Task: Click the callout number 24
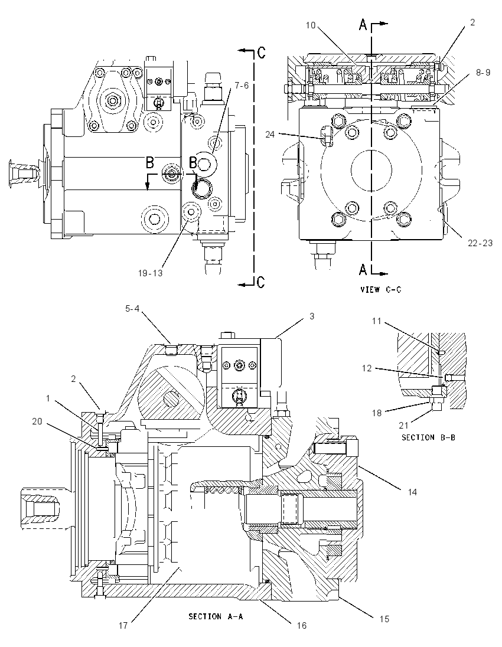coord(270,135)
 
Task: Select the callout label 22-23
coord(480,243)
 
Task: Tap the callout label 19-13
coord(150,273)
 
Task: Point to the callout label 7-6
coord(242,85)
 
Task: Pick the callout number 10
coord(311,25)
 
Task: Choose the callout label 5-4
coord(132,308)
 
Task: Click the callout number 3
coord(312,316)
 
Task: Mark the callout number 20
coord(37,421)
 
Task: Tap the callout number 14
coord(412,492)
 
